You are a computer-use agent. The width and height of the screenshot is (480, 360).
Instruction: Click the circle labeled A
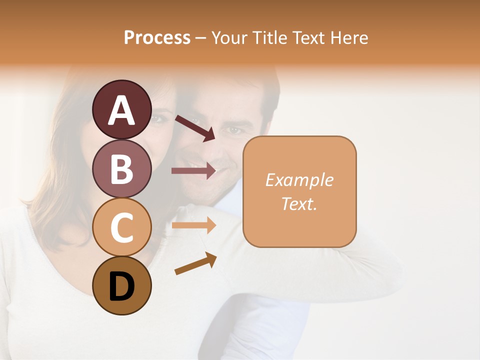121,109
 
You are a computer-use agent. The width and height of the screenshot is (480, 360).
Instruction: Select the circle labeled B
121,168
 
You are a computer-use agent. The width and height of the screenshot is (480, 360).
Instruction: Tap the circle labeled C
121,227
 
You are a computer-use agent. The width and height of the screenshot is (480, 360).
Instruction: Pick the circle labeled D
121,286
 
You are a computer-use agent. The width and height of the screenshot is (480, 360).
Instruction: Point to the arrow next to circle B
194,170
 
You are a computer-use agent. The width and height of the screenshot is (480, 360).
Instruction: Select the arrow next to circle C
194,225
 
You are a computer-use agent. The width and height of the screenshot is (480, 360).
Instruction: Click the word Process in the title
157,38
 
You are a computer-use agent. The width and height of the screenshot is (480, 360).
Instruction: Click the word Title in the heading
268,38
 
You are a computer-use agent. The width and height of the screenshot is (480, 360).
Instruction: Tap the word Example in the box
299,180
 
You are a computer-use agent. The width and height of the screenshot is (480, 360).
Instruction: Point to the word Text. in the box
299,203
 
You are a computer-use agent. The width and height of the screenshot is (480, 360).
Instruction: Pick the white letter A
121,110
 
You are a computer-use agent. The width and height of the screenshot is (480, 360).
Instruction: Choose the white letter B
121,169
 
